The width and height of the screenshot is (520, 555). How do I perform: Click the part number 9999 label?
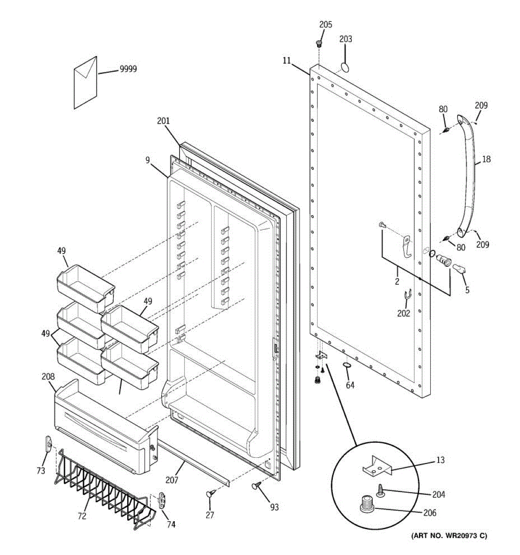pyautogui.click(x=128, y=69)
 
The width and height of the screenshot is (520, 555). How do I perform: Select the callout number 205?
pyautogui.click(x=325, y=25)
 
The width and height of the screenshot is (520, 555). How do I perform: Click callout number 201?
pyautogui.click(x=163, y=121)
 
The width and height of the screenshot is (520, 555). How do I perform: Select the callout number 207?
pyautogui.click(x=172, y=480)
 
